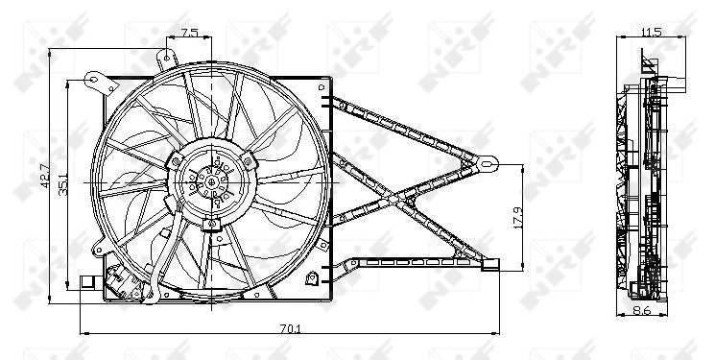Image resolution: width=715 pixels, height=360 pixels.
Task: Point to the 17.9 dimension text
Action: click(518, 217)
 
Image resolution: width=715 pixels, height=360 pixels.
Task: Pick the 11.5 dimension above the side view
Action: click(651, 32)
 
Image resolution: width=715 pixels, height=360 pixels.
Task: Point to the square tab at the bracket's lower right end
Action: click(492, 264)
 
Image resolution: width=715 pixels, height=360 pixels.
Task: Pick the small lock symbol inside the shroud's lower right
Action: click(313, 279)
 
